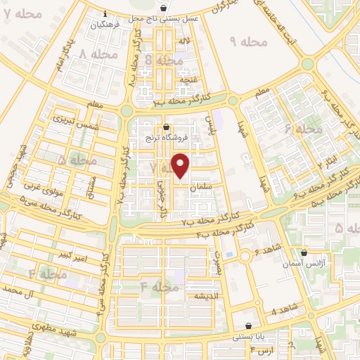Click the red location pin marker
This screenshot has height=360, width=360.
pos(181,165)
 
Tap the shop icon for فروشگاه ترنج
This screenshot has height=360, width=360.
pos(166,128)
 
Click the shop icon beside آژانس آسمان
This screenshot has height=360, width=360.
pos(304,252)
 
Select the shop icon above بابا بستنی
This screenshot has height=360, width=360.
pos(249,326)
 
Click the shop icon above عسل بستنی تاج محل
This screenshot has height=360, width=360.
pos(164,8)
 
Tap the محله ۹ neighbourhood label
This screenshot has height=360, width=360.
pos(249,43)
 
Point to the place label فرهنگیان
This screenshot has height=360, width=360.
pos(105,25)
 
